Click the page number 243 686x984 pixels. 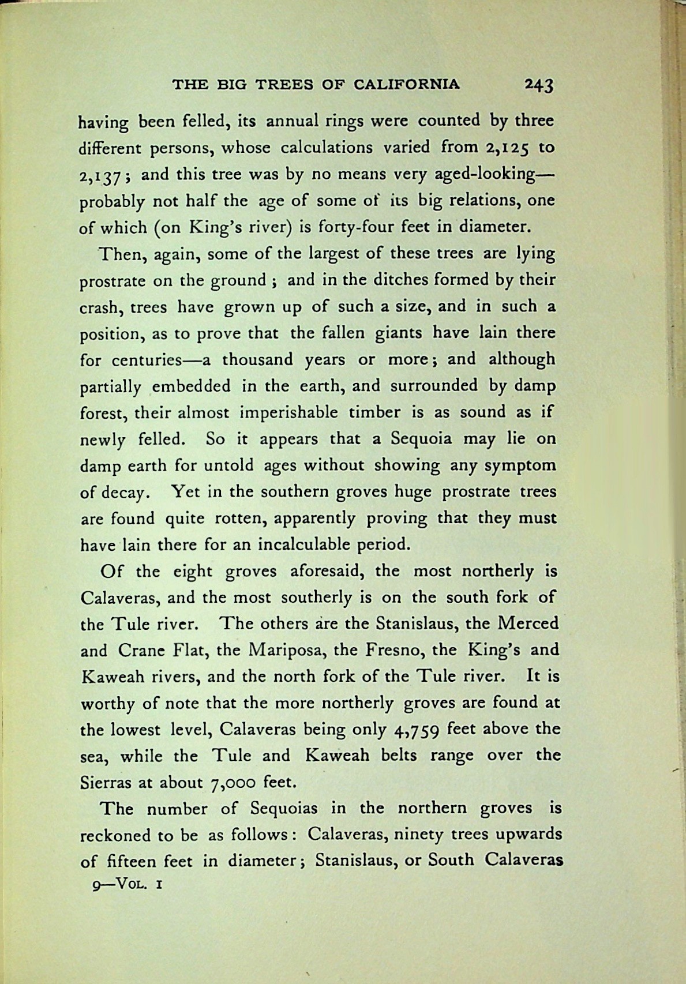point(539,85)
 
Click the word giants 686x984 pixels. point(399,333)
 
